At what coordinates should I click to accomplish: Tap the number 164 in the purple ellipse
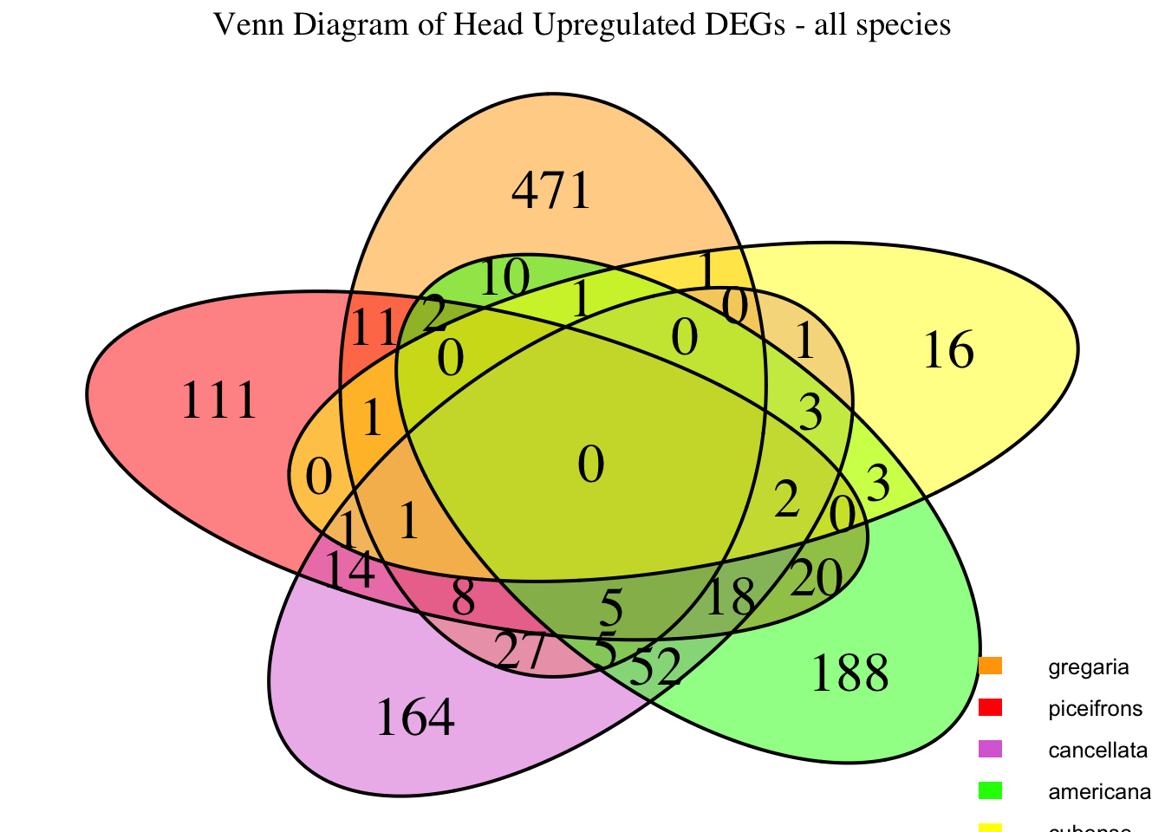[415, 718]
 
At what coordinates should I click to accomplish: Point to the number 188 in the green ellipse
[849, 673]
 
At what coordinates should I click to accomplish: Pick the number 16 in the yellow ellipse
[948, 352]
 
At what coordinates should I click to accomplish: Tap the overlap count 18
[731, 598]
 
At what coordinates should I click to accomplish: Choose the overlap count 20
[816, 578]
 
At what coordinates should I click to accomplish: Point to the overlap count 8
[464, 597]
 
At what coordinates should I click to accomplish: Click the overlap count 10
[504, 278]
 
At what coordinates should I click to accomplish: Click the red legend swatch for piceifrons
[991, 708]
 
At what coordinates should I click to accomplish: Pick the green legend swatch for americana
[991, 791]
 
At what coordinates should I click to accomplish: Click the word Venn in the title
[244, 25]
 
